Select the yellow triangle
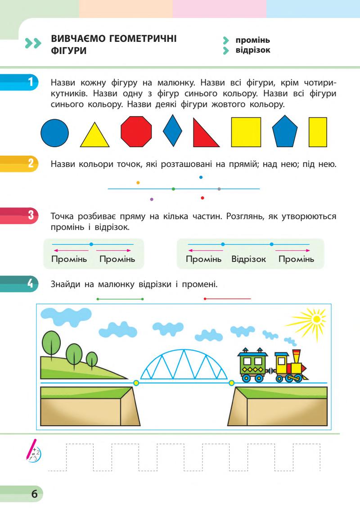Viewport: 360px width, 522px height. tap(94, 137)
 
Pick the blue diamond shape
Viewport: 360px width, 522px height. tap(172, 131)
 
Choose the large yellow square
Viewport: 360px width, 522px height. tap(246, 132)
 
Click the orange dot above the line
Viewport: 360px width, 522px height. tap(138, 183)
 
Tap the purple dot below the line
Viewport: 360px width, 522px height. tap(151, 199)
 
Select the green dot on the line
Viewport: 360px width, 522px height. tap(173, 189)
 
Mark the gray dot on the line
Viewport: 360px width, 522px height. tap(219, 189)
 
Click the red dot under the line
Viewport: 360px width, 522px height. tap(202, 197)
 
